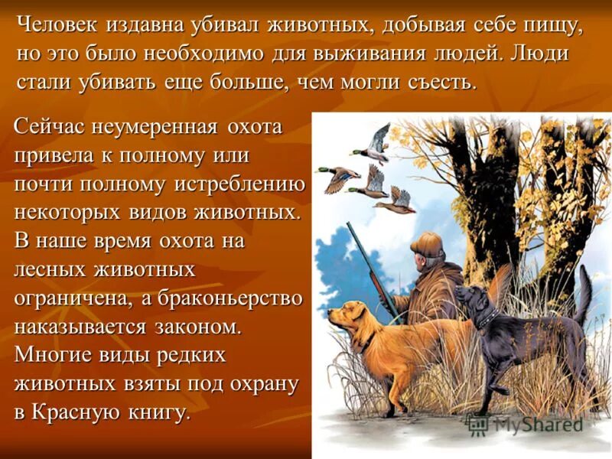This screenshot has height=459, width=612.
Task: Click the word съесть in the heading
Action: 436,82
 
